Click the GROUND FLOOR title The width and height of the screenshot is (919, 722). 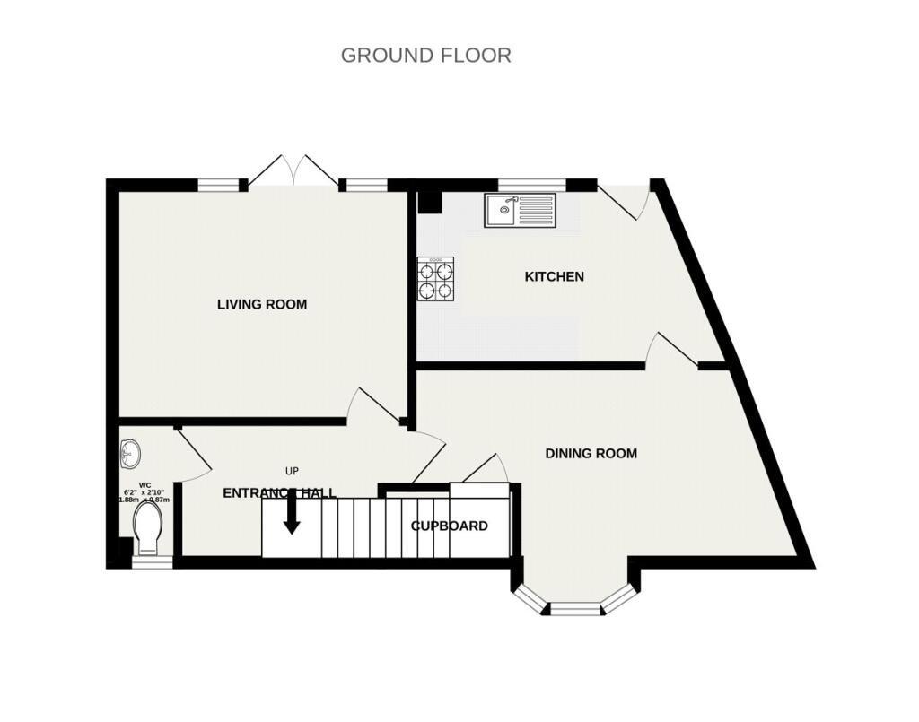click(x=425, y=55)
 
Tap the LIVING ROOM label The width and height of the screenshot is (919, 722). click(x=262, y=304)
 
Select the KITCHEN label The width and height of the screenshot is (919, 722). click(x=554, y=276)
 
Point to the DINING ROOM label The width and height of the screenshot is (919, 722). click(x=591, y=453)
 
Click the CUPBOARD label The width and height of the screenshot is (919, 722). click(x=450, y=526)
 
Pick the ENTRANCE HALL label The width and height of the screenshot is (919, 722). click(x=279, y=492)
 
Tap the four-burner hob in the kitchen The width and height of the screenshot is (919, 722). click(x=435, y=278)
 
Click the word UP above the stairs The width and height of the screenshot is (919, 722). click(x=292, y=471)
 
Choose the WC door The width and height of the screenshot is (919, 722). click(x=193, y=451)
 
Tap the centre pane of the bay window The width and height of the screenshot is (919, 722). click(x=574, y=609)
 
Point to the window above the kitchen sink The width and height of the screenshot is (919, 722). click(x=532, y=185)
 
